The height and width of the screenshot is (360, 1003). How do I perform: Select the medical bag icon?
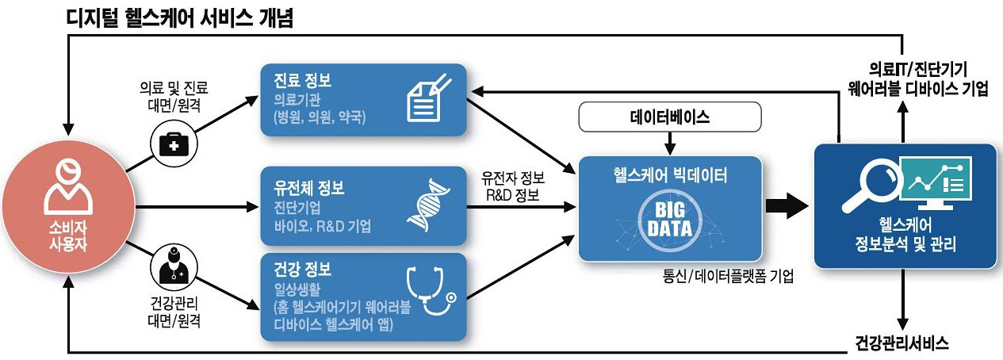170,144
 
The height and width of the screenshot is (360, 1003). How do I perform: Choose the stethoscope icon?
431,292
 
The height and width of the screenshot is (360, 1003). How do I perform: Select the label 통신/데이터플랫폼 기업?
729,278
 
